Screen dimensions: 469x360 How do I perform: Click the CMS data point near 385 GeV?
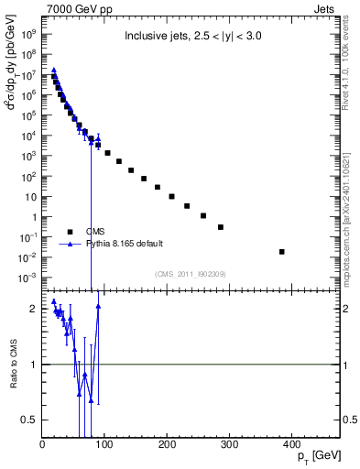coord(282,251)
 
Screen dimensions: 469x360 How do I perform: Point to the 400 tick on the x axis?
coord(292,438)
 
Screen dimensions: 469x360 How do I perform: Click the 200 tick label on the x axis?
coord(167,446)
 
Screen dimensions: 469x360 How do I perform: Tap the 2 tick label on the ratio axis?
coord(33,309)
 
